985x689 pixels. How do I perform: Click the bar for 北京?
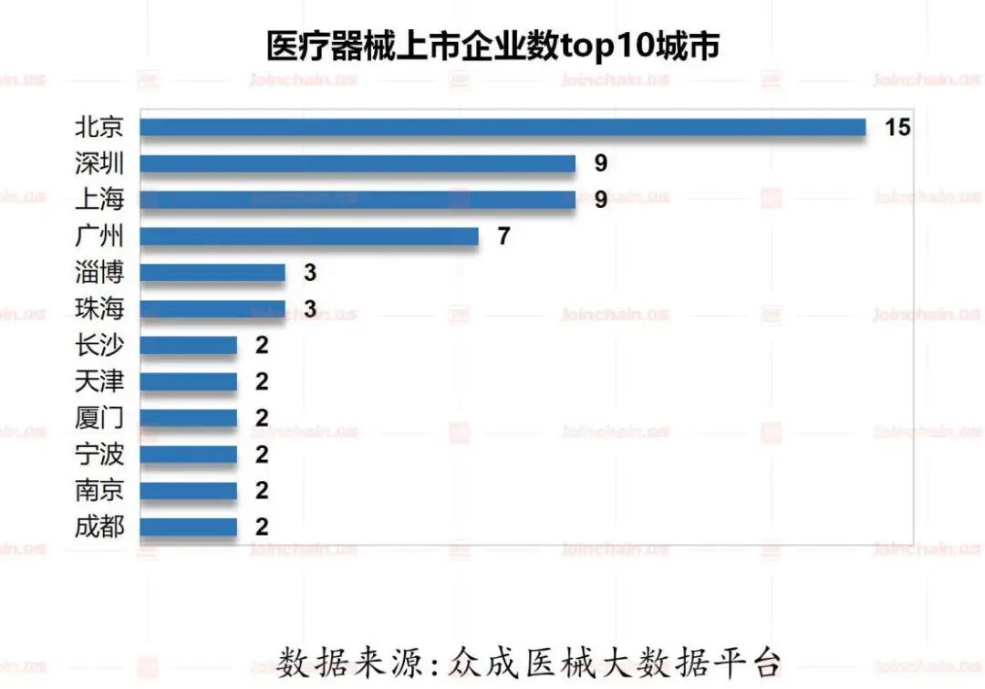(503, 127)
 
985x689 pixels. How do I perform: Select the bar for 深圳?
(358, 163)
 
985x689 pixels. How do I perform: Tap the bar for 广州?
(309, 236)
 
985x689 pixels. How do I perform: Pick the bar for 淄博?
(213, 273)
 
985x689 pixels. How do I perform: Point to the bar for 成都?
(188, 527)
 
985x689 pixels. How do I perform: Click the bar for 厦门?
(188, 418)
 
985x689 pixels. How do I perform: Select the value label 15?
(897, 127)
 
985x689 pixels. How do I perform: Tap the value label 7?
(503, 236)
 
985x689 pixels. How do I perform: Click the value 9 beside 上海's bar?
(600, 200)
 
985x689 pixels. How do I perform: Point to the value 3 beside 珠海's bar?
(310, 309)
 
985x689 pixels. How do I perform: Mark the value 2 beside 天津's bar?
(262, 381)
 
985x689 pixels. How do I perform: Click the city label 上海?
(99, 199)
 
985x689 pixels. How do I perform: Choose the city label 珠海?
(99, 308)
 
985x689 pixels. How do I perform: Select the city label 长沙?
(99, 345)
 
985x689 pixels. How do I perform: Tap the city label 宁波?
(99, 454)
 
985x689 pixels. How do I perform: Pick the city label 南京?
(99, 490)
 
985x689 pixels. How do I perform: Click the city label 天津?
(99, 381)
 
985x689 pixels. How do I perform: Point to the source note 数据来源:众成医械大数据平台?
(529, 660)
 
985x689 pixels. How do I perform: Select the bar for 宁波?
(188, 454)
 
